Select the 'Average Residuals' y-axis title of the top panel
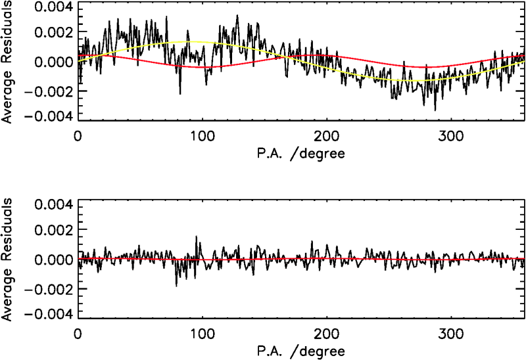coord(8,62)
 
